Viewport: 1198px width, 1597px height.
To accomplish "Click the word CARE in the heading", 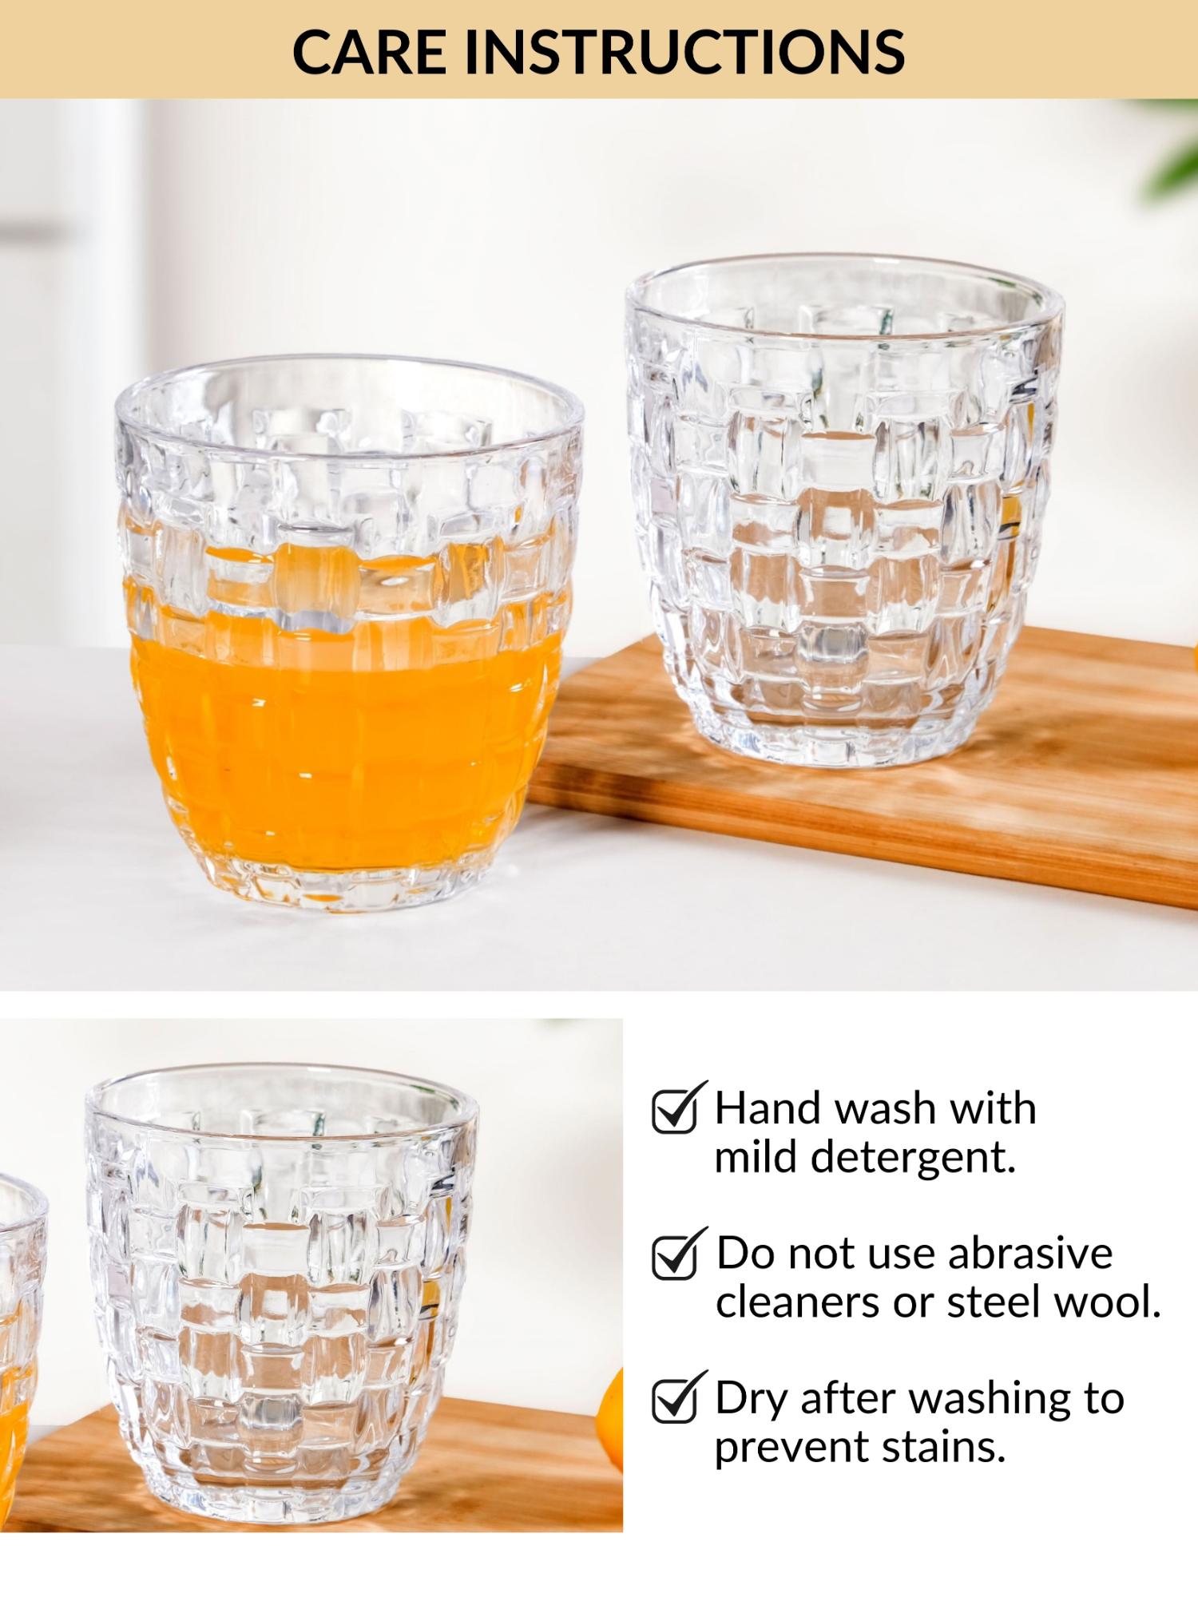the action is [369, 52].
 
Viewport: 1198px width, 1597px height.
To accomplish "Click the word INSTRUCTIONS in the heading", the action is [684, 52].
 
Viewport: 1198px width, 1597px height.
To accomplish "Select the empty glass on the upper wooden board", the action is [845, 511].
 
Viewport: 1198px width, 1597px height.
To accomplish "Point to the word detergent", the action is [913, 1159].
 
